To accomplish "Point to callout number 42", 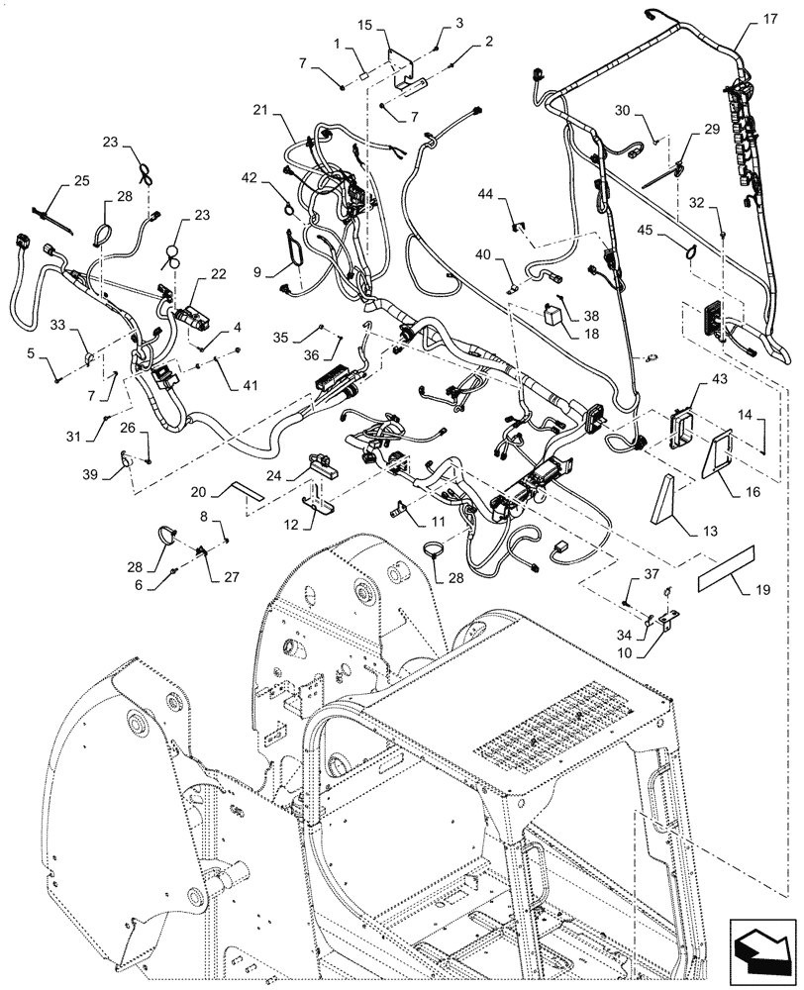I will pos(249,178).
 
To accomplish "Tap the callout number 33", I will pos(58,324).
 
